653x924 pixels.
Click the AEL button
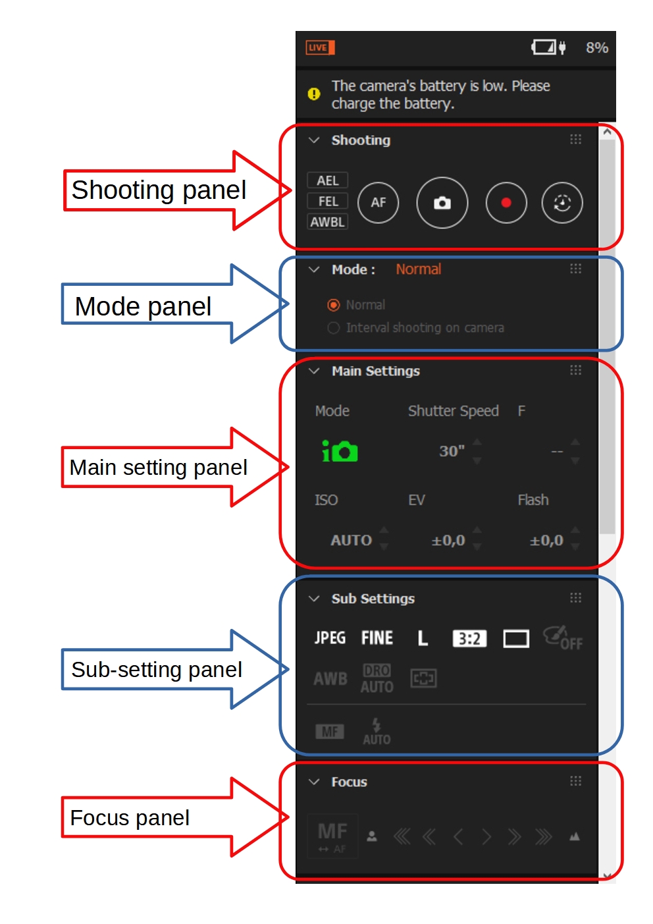tap(327, 180)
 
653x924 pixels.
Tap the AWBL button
tap(327, 222)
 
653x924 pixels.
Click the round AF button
tap(378, 203)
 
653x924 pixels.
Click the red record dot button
tap(506, 203)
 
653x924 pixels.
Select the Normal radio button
tap(334, 305)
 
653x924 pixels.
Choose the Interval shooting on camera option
tap(334, 328)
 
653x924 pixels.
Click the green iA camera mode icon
tap(340, 451)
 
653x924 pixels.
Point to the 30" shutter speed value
tap(452, 451)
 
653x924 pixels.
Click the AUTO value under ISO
tap(351, 541)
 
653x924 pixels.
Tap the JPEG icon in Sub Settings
tap(330, 638)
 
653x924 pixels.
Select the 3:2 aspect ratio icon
tap(469, 639)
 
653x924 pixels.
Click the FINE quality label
tap(377, 638)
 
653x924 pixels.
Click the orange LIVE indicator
tap(320, 47)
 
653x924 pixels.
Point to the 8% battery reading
tap(596, 47)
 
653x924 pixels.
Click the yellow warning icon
tap(314, 94)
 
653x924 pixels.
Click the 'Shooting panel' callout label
tap(159, 190)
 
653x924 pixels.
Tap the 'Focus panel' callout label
tap(130, 818)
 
